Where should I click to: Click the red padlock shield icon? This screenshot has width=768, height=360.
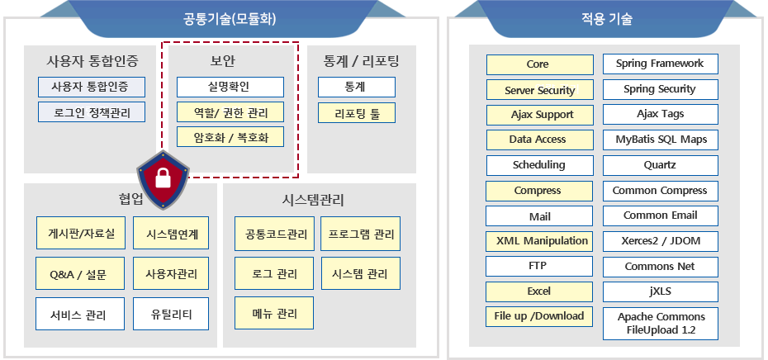pyautogui.click(x=163, y=180)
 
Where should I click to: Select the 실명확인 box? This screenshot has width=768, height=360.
pyautogui.click(x=230, y=88)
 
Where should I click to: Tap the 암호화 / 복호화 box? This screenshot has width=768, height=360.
pyautogui.click(x=230, y=137)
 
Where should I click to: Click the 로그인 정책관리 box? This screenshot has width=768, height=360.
pyautogui.click(x=92, y=111)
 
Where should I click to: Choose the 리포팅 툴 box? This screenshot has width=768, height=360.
pyautogui.click(x=357, y=112)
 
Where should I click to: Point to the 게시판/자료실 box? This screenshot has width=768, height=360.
pyautogui.click(x=81, y=233)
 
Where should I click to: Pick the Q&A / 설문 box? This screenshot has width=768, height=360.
pyautogui.click(x=81, y=273)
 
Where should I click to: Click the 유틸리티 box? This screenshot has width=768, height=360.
pyautogui.click(x=171, y=314)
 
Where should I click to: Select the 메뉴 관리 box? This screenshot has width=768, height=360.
pyautogui.click(x=274, y=313)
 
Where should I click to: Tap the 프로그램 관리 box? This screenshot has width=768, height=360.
pyautogui.click(x=361, y=234)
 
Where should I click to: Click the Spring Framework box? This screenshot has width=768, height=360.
pyautogui.click(x=661, y=64)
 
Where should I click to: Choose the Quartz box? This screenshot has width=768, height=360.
pyautogui.click(x=661, y=166)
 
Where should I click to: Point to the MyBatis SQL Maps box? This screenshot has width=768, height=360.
pyautogui.click(x=661, y=140)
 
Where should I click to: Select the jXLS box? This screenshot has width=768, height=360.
pyautogui.click(x=661, y=292)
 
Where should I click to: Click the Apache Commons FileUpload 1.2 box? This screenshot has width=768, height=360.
pyautogui.click(x=661, y=324)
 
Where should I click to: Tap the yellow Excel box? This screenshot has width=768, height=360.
pyautogui.click(x=539, y=291)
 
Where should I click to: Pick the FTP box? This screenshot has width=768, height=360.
pyautogui.click(x=539, y=267)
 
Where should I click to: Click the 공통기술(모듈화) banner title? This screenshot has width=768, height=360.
pyautogui.click(x=230, y=20)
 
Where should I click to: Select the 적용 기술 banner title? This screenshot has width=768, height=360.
pyautogui.click(x=606, y=20)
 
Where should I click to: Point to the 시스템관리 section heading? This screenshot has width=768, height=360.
pyautogui.click(x=314, y=201)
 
